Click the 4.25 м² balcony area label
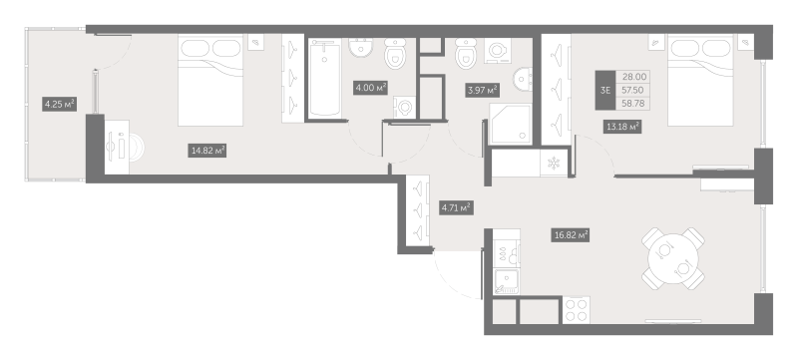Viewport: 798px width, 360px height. pos(59,103)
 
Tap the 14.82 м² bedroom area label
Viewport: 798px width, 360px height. pos(206,151)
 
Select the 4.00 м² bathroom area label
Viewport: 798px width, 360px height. pos(371,88)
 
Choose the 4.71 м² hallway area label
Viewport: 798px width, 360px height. pos(455,207)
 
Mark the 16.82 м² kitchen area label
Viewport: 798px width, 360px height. pos(570,235)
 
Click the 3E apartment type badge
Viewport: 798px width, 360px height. pos(605,89)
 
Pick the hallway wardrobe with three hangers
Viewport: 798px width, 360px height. pos(417,210)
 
